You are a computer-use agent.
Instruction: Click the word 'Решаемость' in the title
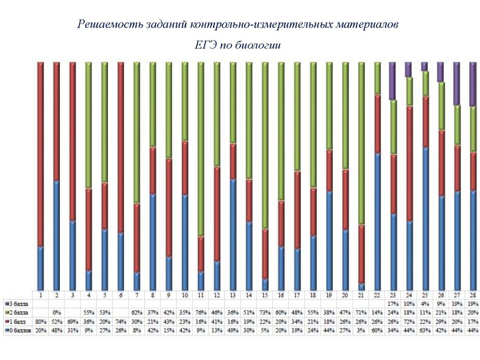pyautogui.click(x=107, y=25)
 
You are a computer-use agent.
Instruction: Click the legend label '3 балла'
pyautogui.click(x=18, y=304)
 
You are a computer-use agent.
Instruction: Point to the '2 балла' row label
pyautogui.click(x=18, y=313)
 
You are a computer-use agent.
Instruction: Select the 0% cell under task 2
pyautogui.click(x=56, y=313)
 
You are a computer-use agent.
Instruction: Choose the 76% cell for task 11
pyautogui.click(x=201, y=313)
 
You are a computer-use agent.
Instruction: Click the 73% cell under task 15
pyautogui.click(x=265, y=313)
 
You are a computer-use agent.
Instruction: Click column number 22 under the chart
pyautogui.click(x=377, y=296)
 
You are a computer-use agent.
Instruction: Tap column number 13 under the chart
pyautogui.click(x=233, y=296)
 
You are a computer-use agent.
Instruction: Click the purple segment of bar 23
pyautogui.click(x=392, y=81)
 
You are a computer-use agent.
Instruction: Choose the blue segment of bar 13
pyautogui.click(x=233, y=234)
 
